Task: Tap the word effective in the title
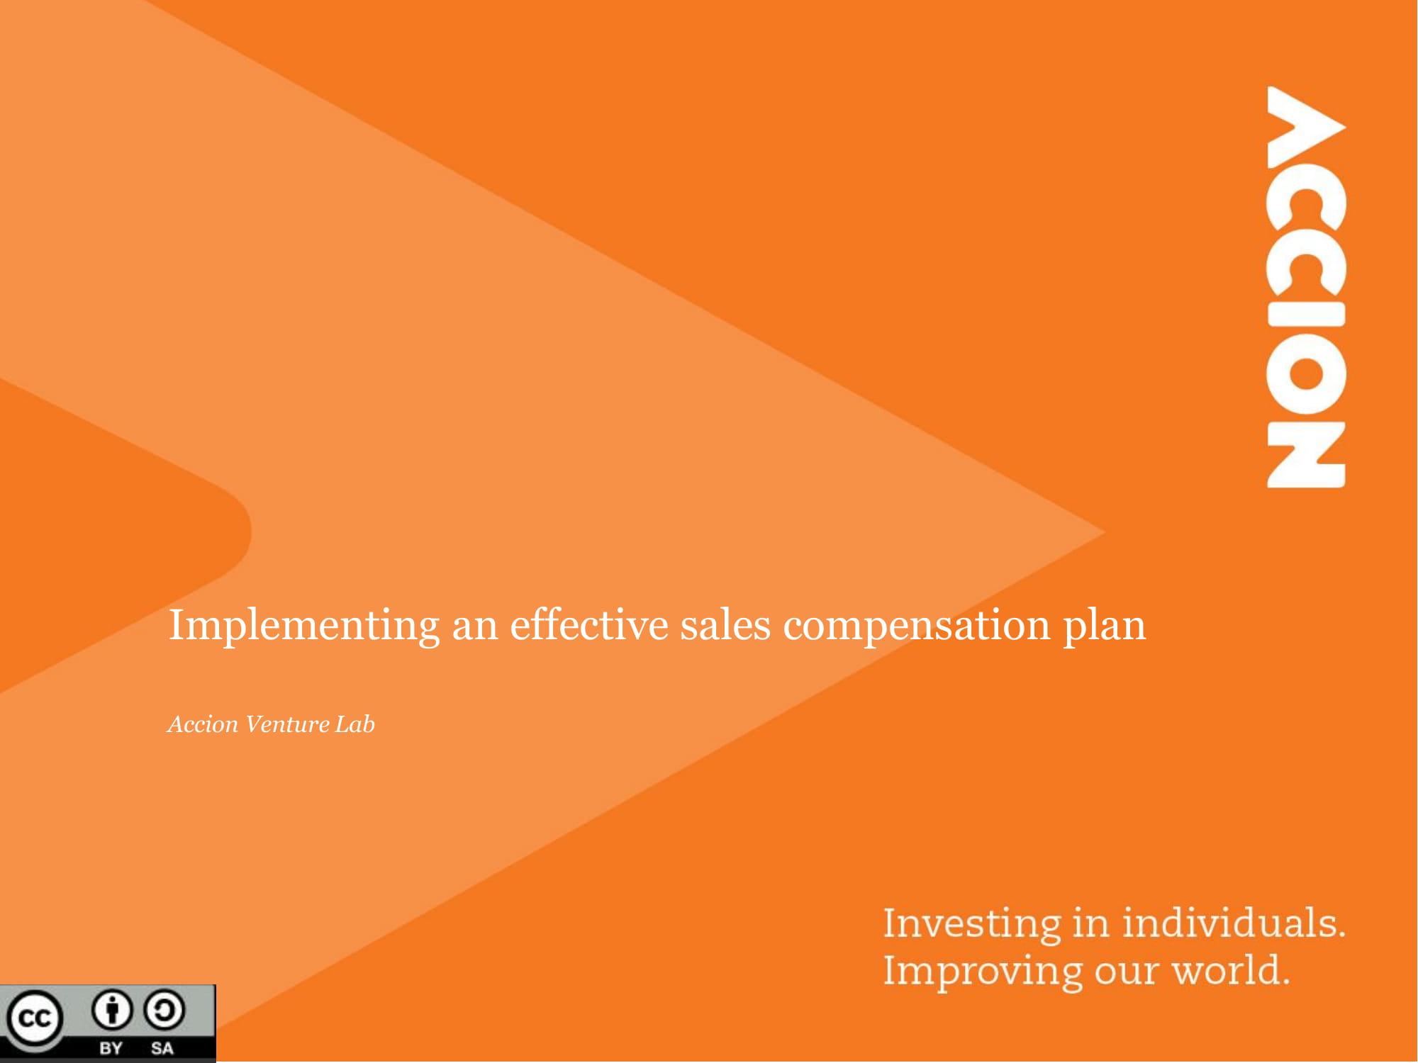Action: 588,625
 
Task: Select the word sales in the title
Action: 725,625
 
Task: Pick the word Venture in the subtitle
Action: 286,724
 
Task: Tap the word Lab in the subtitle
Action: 354,724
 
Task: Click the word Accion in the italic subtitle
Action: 203,724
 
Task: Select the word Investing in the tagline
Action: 971,924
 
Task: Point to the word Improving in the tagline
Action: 983,971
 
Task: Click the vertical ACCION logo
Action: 1306,287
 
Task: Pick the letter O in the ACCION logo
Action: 1306,376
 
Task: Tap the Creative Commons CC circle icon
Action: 34,1019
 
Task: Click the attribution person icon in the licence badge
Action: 112,1011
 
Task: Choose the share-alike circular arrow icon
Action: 164,1011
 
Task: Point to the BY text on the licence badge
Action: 111,1048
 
